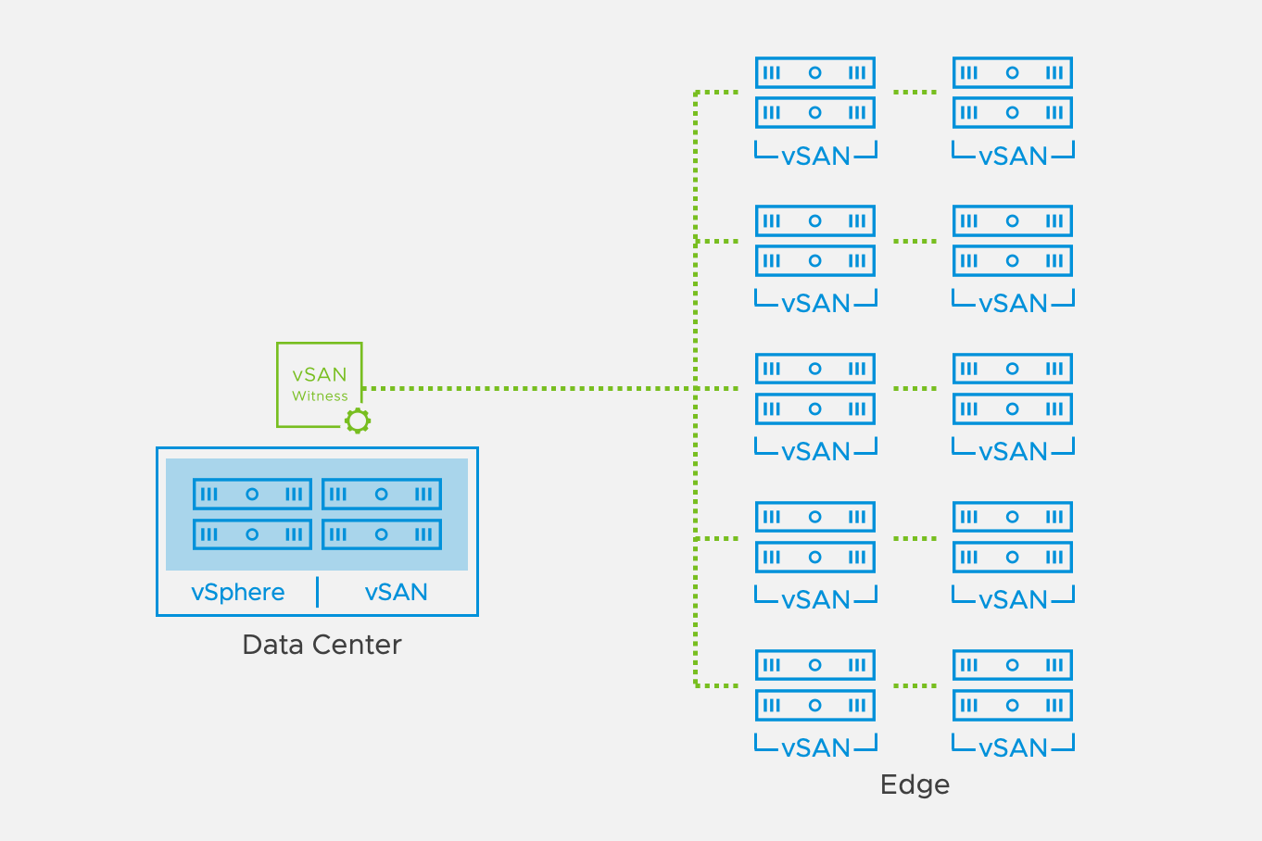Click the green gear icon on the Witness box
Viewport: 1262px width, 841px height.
358,420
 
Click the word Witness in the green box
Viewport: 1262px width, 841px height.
320,396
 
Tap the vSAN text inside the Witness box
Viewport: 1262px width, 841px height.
320,374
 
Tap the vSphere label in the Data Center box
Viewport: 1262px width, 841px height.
238,592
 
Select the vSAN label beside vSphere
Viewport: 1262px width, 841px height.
397,592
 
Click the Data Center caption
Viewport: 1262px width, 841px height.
322,645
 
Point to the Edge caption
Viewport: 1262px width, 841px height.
915,785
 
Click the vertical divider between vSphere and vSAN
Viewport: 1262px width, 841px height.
318,592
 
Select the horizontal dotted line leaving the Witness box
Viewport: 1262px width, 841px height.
528,388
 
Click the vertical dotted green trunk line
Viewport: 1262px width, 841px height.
696,315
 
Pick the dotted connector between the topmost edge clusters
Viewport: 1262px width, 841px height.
915,93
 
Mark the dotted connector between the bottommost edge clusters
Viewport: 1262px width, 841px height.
915,686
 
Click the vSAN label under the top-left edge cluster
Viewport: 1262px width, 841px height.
815,156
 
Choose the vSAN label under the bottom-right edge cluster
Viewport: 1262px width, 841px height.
1013,747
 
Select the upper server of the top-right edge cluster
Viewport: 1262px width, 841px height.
1013,72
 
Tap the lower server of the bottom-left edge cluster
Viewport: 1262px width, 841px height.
815,705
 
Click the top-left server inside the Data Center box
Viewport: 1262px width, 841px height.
252,494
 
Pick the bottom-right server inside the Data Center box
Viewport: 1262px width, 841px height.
382,534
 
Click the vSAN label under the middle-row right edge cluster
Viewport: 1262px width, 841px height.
1013,451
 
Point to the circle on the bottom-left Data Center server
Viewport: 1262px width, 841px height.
252,534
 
